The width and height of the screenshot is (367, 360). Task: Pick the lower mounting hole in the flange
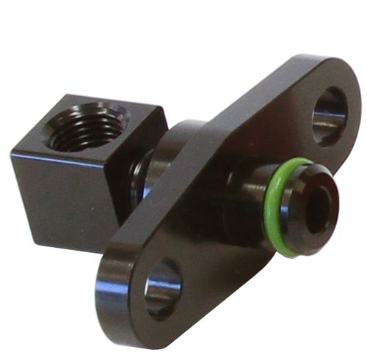pyautogui.click(x=162, y=288)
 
